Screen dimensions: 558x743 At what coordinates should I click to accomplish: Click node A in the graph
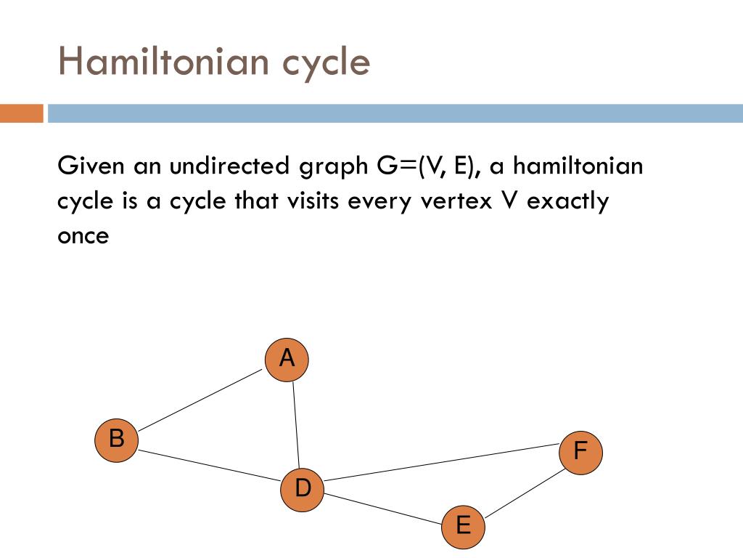click(x=287, y=360)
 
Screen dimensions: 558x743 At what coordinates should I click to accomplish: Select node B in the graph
click(x=117, y=440)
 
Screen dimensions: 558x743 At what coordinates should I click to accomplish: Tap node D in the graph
click(x=303, y=489)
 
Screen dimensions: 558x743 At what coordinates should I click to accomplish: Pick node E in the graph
click(x=463, y=525)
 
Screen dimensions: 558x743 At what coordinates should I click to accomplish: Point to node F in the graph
click(x=581, y=453)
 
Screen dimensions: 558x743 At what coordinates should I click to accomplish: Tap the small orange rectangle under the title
click(x=21, y=113)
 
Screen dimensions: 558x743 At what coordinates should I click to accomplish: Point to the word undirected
click(x=230, y=166)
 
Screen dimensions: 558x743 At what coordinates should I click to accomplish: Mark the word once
click(x=83, y=236)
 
